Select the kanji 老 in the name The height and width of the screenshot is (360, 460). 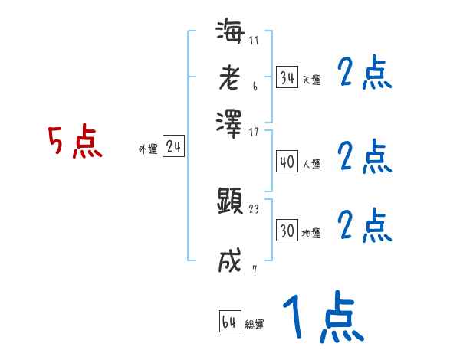(230, 77)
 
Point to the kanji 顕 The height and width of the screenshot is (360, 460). (230, 201)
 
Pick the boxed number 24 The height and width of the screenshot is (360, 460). (173, 147)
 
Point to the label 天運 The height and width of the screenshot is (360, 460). (311, 80)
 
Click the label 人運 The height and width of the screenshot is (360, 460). (311, 164)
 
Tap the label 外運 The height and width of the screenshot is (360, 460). (148, 149)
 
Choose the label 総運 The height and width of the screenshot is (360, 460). (255, 324)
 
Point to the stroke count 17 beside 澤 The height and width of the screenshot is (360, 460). (254, 131)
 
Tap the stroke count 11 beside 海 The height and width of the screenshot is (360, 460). (254, 40)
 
